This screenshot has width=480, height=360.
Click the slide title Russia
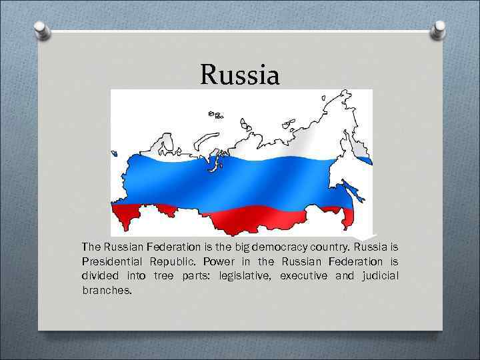(x=240, y=75)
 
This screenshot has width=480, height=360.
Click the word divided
(x=100, y=276)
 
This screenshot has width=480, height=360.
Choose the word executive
(x=303, y=276)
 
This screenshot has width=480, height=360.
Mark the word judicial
(x=378, y=276)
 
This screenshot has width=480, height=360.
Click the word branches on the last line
(x=107, y=291)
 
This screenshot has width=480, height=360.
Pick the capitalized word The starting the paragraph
(x=91, y=247)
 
